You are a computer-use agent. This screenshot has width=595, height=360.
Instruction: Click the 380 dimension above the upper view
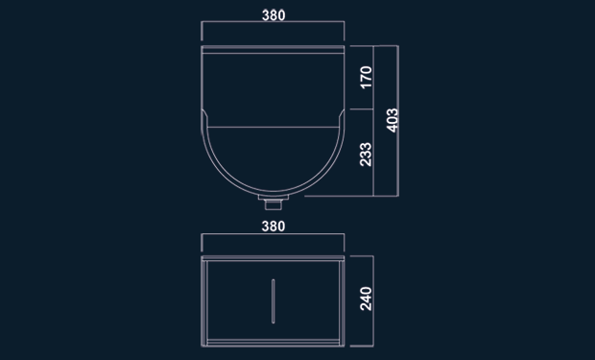pos(274,15)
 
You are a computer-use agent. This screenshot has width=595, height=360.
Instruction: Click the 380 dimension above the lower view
pos(274,227)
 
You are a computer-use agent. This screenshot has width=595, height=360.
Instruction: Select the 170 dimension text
pos(367,77)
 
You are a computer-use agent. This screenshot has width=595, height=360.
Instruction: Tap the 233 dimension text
pos(366,155)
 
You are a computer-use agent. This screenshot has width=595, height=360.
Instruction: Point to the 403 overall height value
pos(393,120)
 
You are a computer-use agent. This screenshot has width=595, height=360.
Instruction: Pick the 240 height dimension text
pos(366,299)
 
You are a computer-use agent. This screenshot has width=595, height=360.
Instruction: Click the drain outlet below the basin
pos(274,203)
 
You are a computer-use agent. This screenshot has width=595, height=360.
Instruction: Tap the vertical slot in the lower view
pos(273,301)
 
